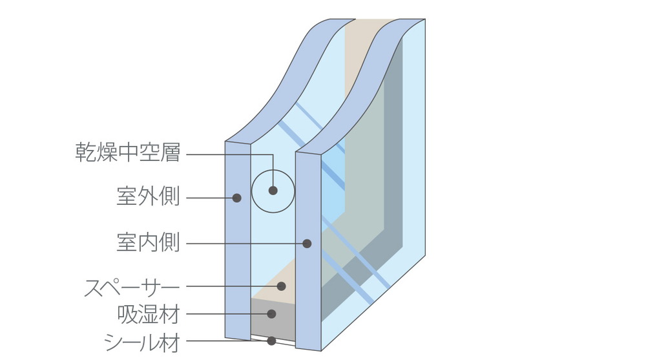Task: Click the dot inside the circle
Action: [273, 191]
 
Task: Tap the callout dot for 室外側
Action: [237, 198]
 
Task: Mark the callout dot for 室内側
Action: [307, 244]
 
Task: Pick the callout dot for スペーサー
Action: [282, 286]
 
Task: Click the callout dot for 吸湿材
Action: [272, 314]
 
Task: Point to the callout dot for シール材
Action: [272, 341]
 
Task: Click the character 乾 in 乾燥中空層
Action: [87, 154]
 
